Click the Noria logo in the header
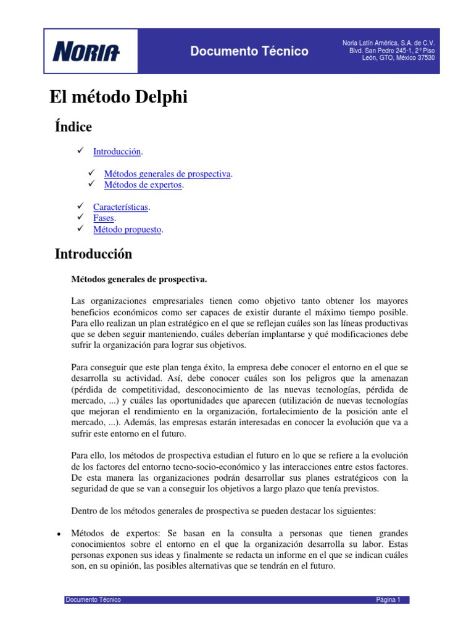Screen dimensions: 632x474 click(86, 51)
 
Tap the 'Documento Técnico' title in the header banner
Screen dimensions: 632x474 click(249, 51)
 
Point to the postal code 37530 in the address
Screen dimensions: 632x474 click(425, 58)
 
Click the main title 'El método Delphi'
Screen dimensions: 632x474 click(118, 98)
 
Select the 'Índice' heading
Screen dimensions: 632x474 click(73, 127)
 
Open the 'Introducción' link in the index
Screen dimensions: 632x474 click(117, 151)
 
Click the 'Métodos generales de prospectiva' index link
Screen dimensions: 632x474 click(167, 174)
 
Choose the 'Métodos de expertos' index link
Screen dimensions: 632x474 click(144, 185)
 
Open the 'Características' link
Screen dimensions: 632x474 click(120, 207)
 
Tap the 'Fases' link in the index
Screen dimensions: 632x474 click(104, 218)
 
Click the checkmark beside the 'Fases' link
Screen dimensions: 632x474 click(80, 218)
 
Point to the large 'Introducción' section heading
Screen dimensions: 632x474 click(93, 254)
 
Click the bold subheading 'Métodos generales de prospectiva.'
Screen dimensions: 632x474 click(139, 280)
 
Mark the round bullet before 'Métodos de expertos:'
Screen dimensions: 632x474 click(57, 533)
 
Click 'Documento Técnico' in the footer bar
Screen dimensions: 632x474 click(93, 600)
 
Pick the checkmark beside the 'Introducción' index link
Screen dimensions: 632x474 click(80, 151)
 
